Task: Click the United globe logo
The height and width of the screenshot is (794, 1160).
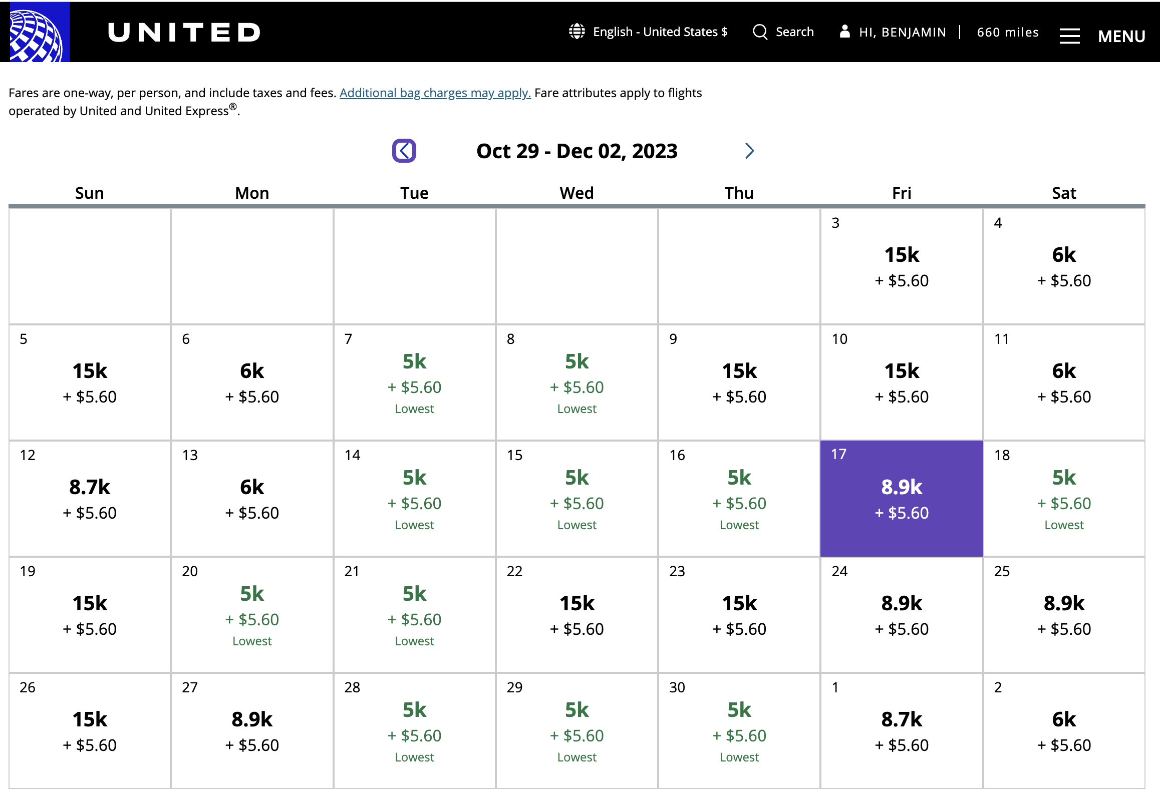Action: pos(35,32)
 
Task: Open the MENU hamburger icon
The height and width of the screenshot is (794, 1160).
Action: pos(1069,36)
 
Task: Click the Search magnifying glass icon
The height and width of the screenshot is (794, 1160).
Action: pos(760,32)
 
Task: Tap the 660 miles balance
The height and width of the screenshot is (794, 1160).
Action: pos(1008,32)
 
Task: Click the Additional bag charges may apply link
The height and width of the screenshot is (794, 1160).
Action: pos(435,93)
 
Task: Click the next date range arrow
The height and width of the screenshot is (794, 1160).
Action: pos(749,151)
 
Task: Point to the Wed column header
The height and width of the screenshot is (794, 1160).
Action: pos(576,193)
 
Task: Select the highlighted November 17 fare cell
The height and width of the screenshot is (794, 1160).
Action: pos(902,498)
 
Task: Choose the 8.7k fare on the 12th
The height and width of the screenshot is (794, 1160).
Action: pos(90,487)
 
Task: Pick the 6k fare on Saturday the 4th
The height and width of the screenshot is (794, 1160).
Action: pos(1064,255)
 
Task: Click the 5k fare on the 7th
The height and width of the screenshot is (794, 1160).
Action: pos(415,361)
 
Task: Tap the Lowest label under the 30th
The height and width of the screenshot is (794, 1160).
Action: pos(739,757)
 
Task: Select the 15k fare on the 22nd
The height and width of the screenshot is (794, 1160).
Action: pos(577,603)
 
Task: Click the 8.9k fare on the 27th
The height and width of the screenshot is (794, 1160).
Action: pos(252,719)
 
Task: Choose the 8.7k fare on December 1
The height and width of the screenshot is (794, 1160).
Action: pos(902,719)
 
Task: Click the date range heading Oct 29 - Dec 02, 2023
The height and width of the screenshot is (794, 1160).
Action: pos(577,151)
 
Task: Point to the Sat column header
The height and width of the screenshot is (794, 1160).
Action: pos(1064,193)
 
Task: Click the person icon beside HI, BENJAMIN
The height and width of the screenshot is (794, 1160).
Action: pos(844,31)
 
